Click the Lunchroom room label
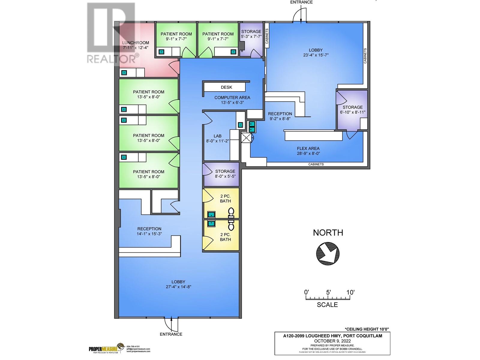136,43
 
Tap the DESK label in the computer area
226,87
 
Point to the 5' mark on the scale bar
328,292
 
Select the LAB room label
217,136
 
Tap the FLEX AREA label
308,148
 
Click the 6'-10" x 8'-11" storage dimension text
352,112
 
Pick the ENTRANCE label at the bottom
171,334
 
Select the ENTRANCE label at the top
301,2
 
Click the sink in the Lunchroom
124,73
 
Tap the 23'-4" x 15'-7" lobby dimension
316,55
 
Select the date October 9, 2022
332,341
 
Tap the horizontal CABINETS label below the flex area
316,164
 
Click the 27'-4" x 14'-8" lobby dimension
178,286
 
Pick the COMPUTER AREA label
232,97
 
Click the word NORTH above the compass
328,232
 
